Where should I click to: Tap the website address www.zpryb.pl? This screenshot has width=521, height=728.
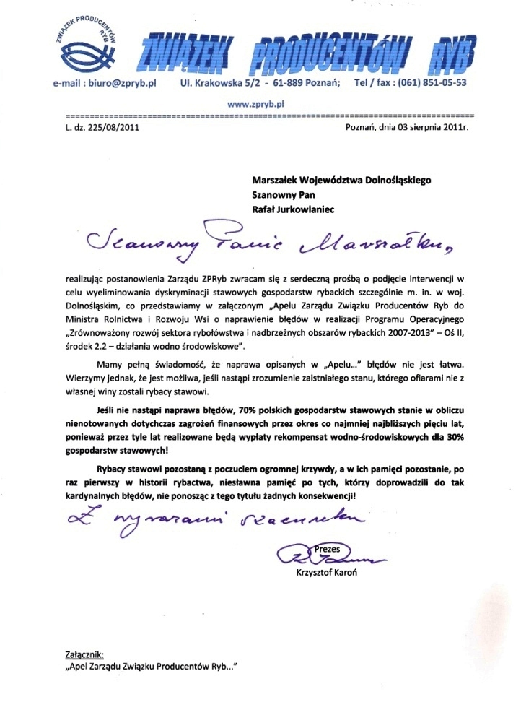[x=256, y=104]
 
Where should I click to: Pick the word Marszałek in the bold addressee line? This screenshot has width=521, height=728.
[x=279, y=178]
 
